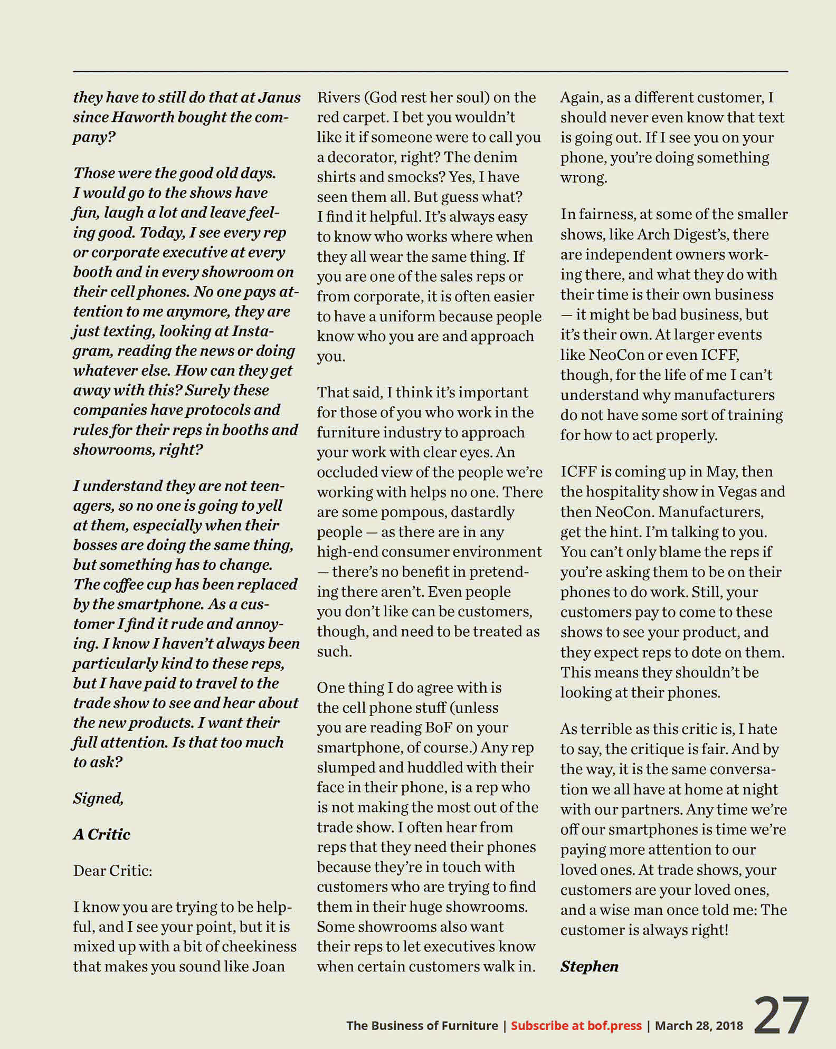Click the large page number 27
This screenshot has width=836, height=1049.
tap(781, 1016)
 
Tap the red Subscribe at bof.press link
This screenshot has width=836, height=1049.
tap(576, 1026)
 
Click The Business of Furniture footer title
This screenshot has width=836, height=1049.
tap(422, 1026)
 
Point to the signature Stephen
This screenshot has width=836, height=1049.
tap(589, 967)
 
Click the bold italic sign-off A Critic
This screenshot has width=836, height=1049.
tap(101, 834)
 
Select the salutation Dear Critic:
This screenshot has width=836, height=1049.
tap(112, 871)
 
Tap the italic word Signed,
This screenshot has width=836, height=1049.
tap(98, 798)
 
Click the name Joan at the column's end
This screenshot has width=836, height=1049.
tap(269, 967)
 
